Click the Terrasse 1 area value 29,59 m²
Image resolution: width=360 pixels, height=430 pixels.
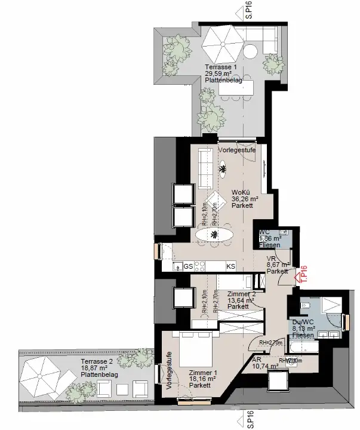point(219,74)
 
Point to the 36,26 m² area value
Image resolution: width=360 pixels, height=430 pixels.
point(244,199)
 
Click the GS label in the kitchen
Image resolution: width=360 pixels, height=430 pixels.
point(187,266)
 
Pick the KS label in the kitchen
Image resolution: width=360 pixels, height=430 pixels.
point(230,266)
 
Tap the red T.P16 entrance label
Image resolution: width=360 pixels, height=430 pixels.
point(303,274)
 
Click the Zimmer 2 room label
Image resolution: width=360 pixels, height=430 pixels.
point(241,294)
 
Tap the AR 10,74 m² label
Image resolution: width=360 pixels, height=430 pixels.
point(266,363)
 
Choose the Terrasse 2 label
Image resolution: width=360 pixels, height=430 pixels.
point(97,363)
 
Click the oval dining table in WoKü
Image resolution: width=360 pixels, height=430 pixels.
point(215,235)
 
